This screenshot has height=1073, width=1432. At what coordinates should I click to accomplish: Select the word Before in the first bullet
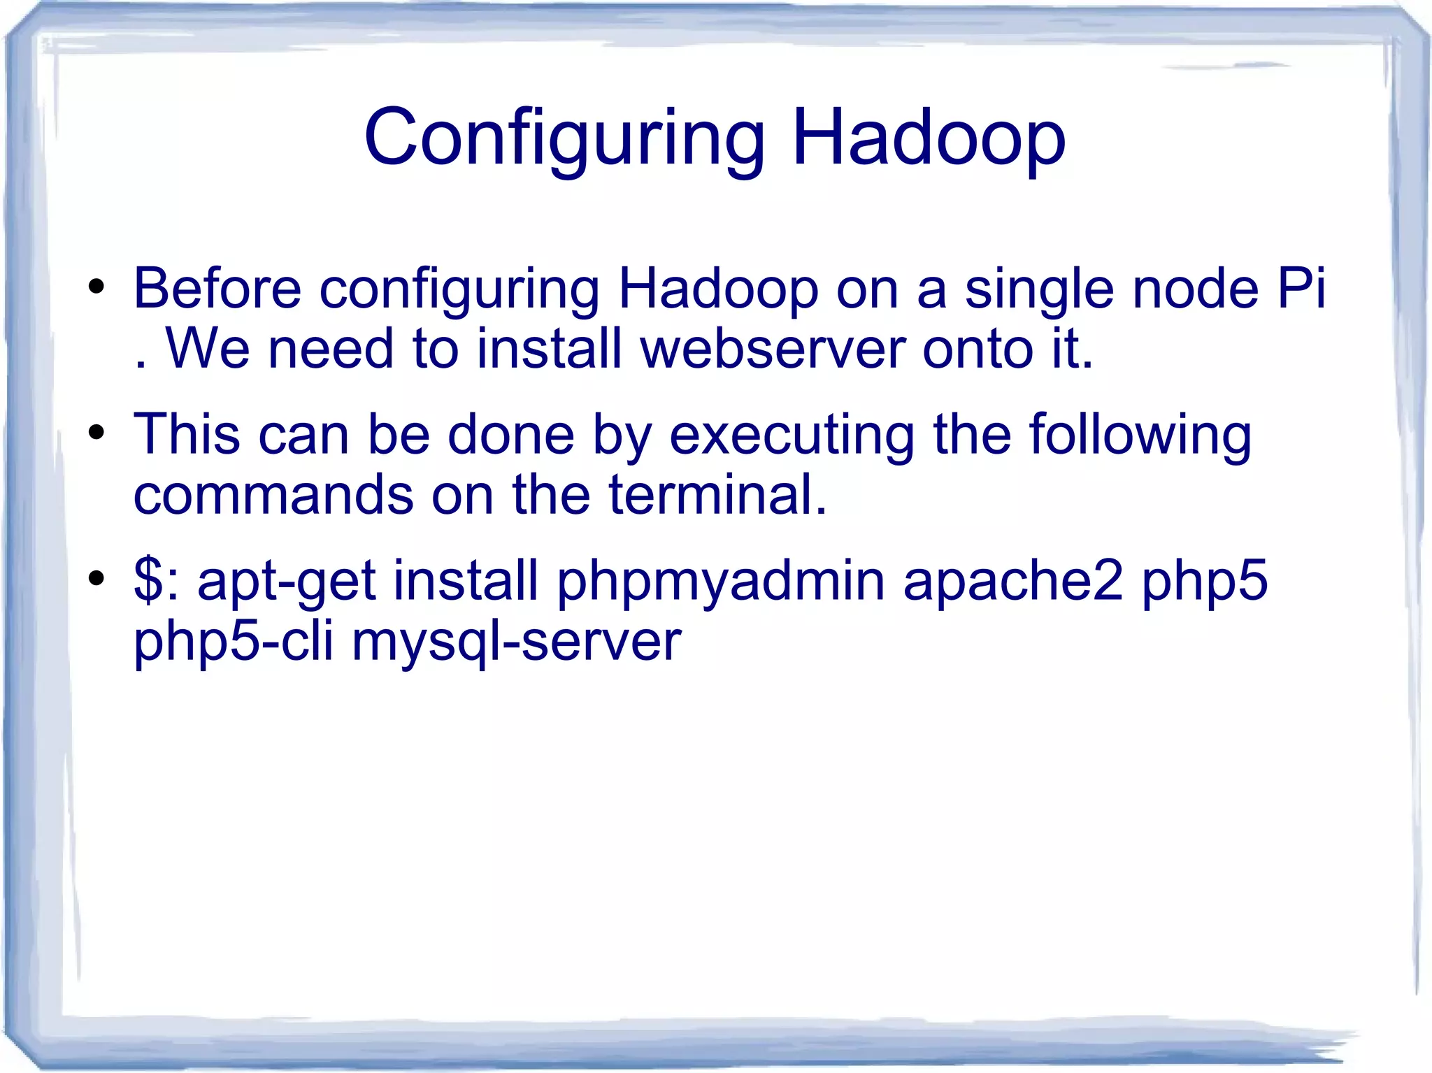pyautogui.click(x=217, y=288)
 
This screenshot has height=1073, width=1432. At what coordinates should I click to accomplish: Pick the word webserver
pyautogui.click(x=773, y=349)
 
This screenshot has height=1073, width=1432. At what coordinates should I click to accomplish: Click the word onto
pyautogui.click(x=977, y=349)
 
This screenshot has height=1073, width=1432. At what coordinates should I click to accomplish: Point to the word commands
pyautogui.click(x=273, y=495)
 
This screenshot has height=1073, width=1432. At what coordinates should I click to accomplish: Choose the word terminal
pyautogui.click(x=717, y=495)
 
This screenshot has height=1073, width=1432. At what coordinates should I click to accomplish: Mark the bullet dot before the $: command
pyautogui.click(x=96, y=579)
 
